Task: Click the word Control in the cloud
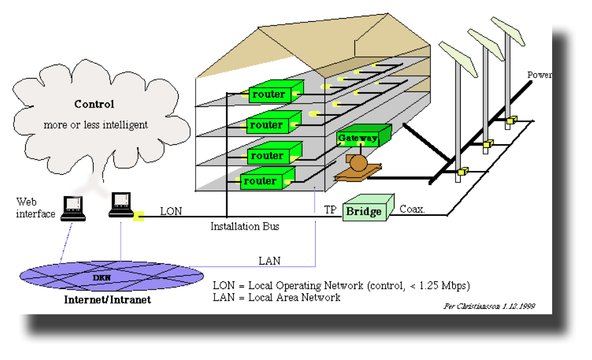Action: point(94,104)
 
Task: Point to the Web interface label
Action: point(35,208)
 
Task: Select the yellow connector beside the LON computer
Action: point(139,216)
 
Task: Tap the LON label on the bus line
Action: point(171,211)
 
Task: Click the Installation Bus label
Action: point(245,227)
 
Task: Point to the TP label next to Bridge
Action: point(330,209)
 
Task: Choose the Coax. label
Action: point(412,209)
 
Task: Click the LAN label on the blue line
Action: point(269,261)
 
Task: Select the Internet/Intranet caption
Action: point(107,300)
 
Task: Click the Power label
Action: point(539,75)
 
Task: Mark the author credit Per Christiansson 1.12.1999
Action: point(489,306)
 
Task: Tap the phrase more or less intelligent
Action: point(96,125)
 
